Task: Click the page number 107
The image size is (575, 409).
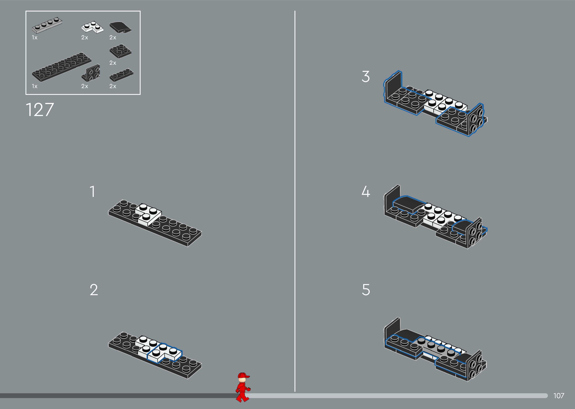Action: click(559, 396)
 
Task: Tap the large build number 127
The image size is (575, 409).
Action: click(40, 110)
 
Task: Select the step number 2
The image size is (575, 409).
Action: click(94, 290)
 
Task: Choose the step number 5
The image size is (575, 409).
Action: click(366, 290)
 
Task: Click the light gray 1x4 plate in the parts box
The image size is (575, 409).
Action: click(47, 25)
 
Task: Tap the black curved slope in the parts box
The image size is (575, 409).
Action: click(120, 27)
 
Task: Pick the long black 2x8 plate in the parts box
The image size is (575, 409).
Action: click(61, 67)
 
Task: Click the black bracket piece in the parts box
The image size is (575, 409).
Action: click(91, 73)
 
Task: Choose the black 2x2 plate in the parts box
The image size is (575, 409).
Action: click(120, 51)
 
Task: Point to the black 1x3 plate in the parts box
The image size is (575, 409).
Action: click(121, 75)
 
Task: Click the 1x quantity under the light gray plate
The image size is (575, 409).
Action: click(34, 38)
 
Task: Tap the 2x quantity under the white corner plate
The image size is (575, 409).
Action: click(85, 38)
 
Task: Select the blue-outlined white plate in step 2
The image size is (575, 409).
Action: click(164, 353)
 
